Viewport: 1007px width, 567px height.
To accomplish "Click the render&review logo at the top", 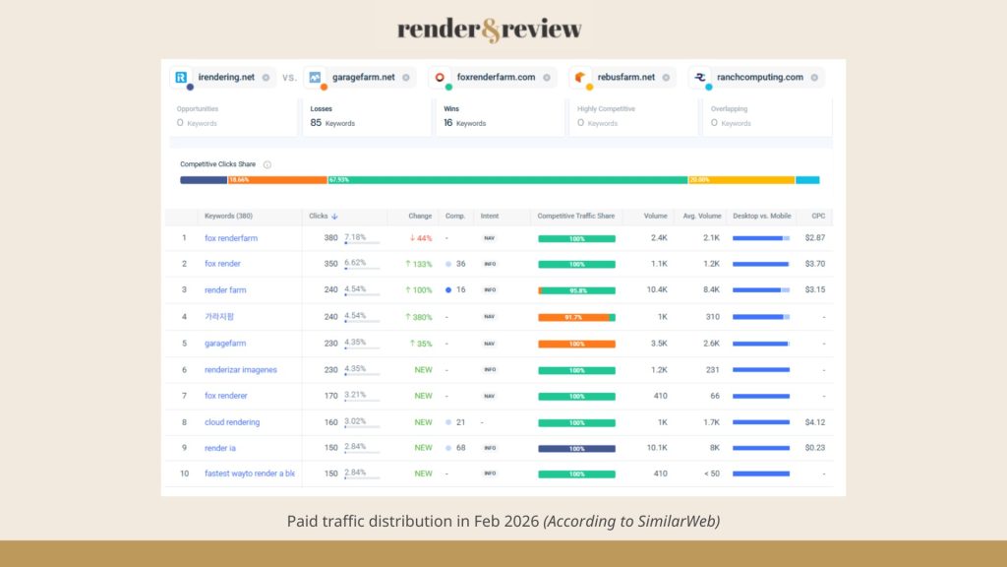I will tap(489, 30).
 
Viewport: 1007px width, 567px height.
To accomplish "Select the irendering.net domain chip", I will tap(219, 77).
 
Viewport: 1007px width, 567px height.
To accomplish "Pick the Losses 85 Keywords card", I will tap(366, 116).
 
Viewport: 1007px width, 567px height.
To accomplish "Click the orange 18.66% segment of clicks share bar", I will tap(277, 180).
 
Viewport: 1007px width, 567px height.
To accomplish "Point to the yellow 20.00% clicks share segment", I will tap(740, 180).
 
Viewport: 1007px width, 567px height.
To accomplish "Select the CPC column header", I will tap(818, 216).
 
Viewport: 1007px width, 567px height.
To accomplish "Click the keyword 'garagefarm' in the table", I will tap(225, 344).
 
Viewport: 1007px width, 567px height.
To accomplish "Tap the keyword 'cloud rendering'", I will tap(232, 422).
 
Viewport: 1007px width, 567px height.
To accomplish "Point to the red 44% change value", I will tap(421, 238).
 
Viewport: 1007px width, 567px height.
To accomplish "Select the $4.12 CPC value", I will tap(814, 422).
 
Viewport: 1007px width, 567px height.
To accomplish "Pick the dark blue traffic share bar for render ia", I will tap(576, 448).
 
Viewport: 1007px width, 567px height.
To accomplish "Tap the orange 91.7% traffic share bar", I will tap(573, 317).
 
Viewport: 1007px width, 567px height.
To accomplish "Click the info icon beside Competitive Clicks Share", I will tap(267, 164).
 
